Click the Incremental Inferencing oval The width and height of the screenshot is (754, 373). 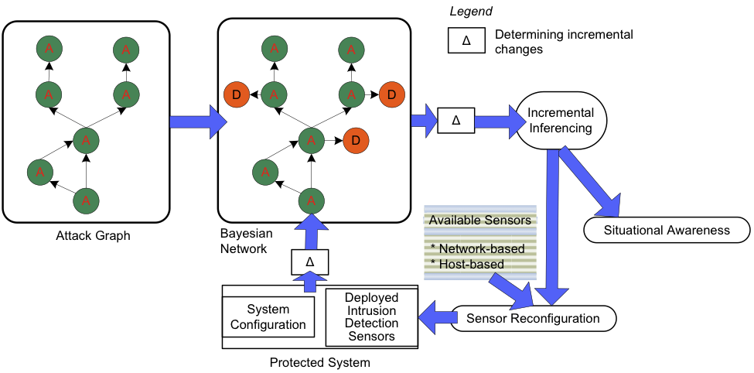click(x=561, y=120)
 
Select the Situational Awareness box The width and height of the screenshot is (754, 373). click(x=667, y=230)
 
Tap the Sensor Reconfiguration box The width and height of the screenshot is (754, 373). click(x=534, y=318)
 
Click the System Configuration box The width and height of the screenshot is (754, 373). click(x=268, y=317)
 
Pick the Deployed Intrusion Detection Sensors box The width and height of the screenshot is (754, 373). click(x=371, y=317)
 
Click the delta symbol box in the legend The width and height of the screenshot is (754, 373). click(x=466, y=41)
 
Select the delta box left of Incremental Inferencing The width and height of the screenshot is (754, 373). click(x=455, y=121)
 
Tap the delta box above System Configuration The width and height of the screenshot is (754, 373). click(x=309, y=262)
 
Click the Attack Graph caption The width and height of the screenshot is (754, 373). click(x=93, y=235)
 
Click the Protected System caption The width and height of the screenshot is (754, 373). click(x=319, y=362)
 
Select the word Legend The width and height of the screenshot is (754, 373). click(x=471, y=12)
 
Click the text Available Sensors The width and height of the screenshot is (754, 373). click(x=479, y=221)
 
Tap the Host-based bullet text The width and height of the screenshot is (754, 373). click(x=467, y=264)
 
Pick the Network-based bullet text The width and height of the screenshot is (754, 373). click(x=477, y=248)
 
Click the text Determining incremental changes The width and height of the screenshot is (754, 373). click(x=564, y=42)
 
